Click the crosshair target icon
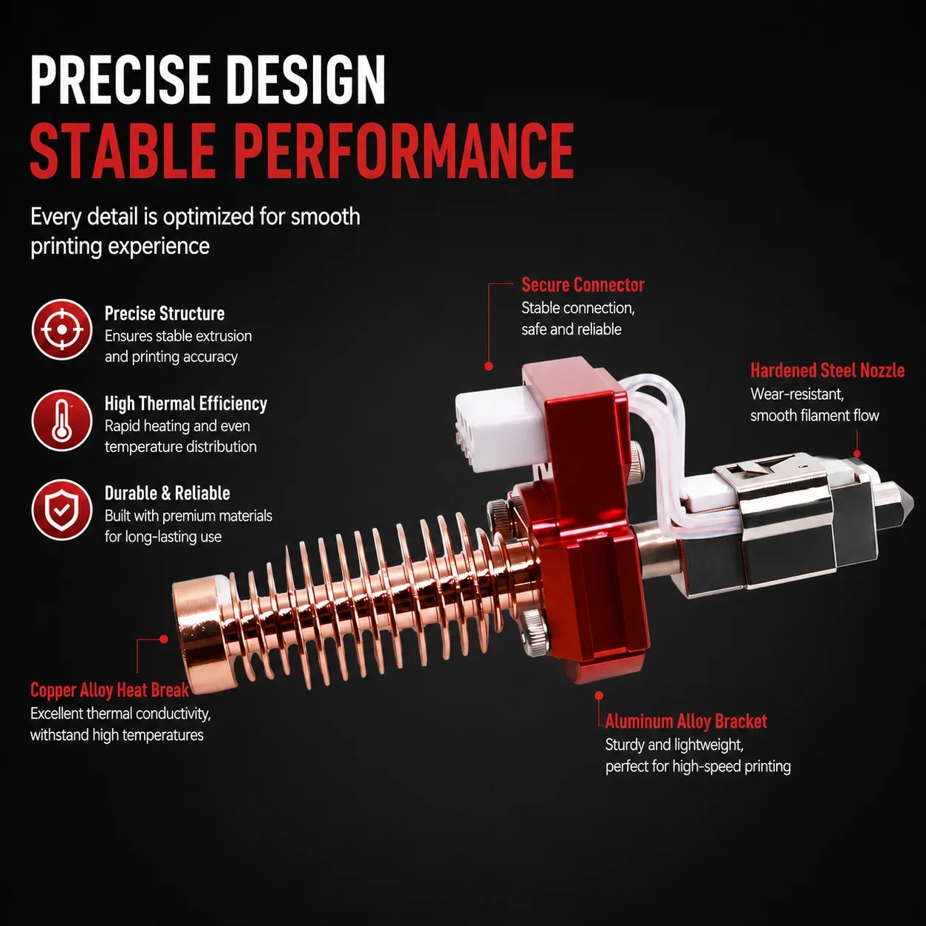[61, 329]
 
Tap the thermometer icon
[61, 420]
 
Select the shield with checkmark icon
[61, 510]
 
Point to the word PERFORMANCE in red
[405, 151]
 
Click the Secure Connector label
[583, 285]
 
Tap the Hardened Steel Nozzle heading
[827, 371]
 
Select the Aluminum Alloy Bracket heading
[686, 721]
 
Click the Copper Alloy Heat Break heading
[109, 690]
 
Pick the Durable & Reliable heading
[167, 493]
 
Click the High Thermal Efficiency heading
[185, 404]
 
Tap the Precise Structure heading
[165, 313]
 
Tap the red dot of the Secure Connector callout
[489, 366]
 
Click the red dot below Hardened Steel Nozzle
[857, 453]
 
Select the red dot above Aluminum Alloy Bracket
[599, 696]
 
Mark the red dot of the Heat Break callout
[163, 639]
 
